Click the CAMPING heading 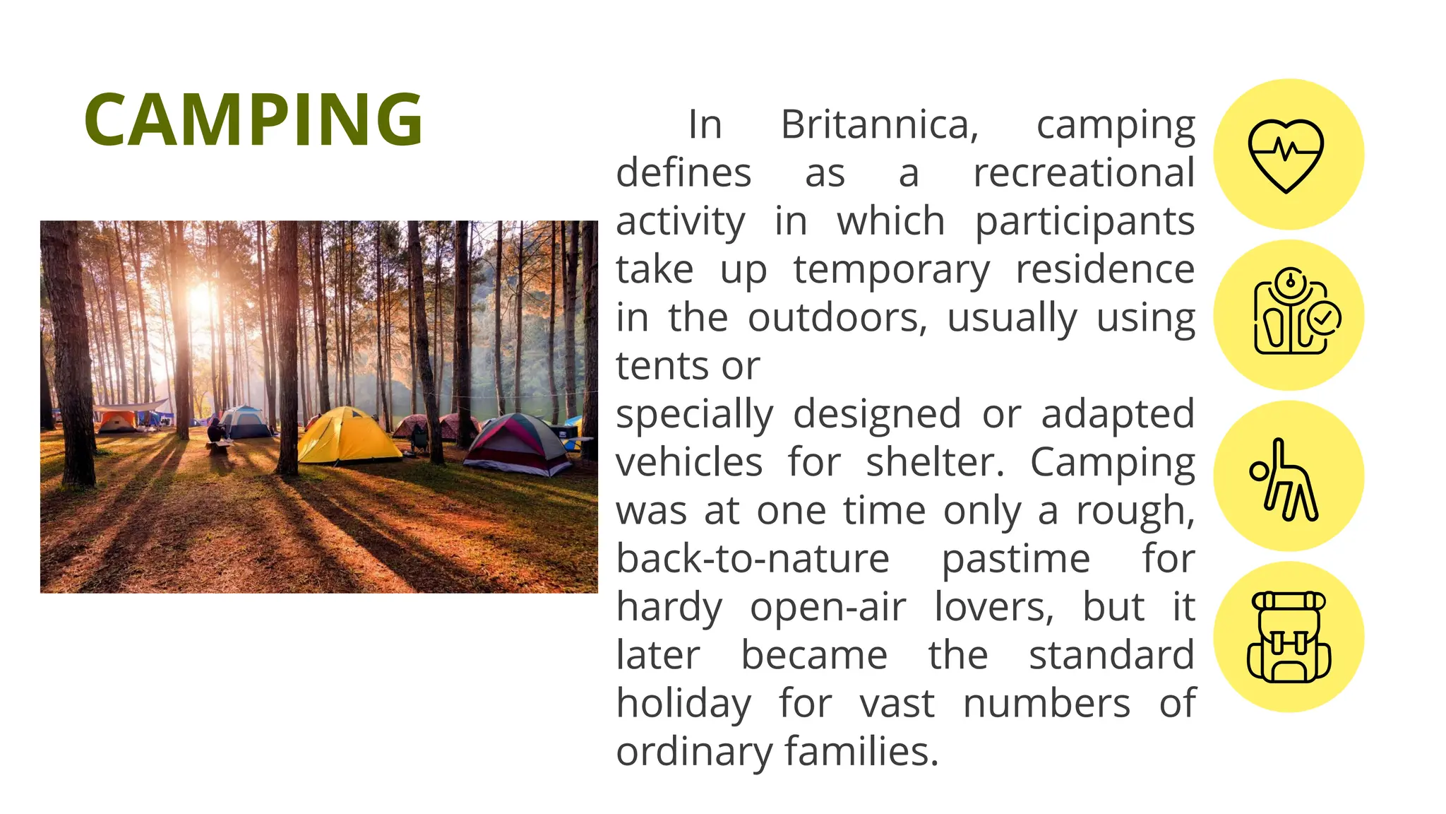coord(253,119)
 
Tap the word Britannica coord(879,125)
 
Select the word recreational coord(1084,173)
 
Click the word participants coord(1084,222)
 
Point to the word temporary coord(891,271)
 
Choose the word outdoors coord(837,318)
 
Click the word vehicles coord(689,463)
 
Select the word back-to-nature coord(753,559)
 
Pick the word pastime coord(1016,560)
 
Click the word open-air coord(827,608)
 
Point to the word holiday coord(683,704)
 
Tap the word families coord(861,751)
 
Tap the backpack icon coord(1289,637)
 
